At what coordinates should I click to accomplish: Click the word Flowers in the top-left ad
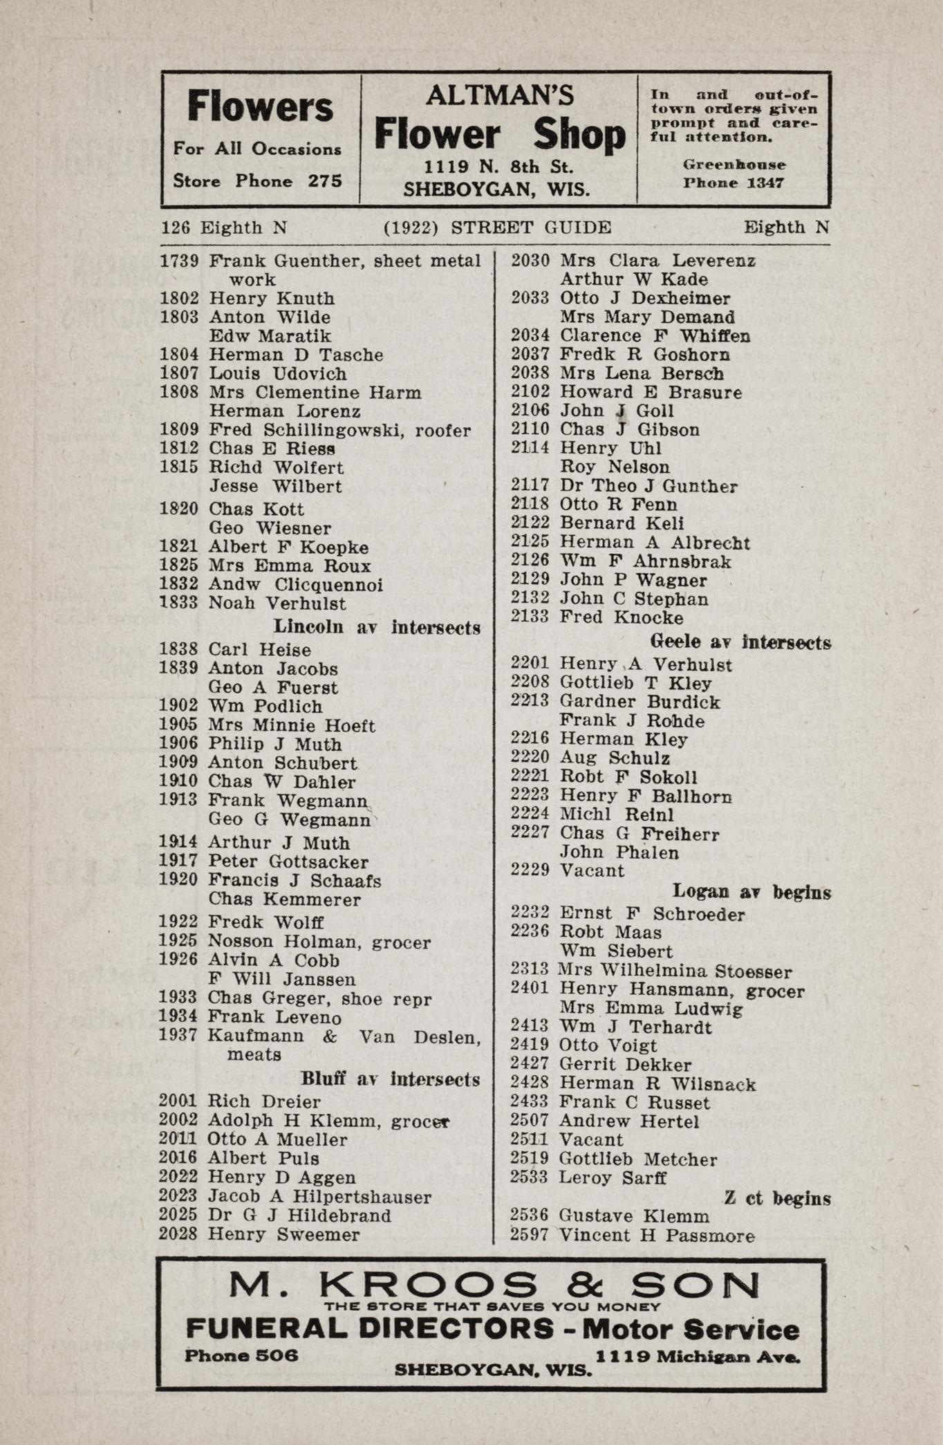coord(260,108)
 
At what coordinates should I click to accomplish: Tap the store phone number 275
coord(325,181)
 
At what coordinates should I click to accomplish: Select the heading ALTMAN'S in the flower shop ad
coord(500,95)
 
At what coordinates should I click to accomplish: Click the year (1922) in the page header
coord(411,227)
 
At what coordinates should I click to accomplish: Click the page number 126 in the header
coord(176,227)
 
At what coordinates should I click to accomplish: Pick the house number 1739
coord(180,261)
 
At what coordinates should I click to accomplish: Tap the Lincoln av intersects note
coord(377,628)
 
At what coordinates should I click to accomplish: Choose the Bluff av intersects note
coord(390,1079)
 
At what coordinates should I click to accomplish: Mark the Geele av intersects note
coord(741,642)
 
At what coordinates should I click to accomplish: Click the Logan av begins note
coord(751,893)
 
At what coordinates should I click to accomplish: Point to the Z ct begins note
coord(777,1198)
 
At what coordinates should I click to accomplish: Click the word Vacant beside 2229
coord(592,871)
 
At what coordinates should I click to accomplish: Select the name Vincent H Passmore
coord(657,1236)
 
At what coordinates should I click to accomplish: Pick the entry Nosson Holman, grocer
coord(319,942)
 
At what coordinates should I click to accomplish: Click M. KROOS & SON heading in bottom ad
coord(493,1285)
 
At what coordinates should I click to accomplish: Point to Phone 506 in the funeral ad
coord(241,1356)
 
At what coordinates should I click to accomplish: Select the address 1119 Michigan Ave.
coord(698,1357)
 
